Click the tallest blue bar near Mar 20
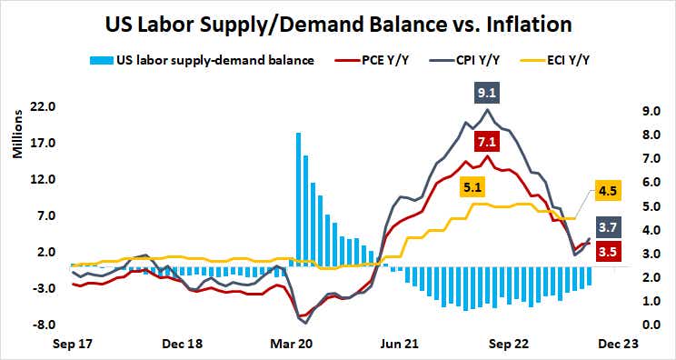298,199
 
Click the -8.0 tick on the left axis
43,325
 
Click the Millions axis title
15,137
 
